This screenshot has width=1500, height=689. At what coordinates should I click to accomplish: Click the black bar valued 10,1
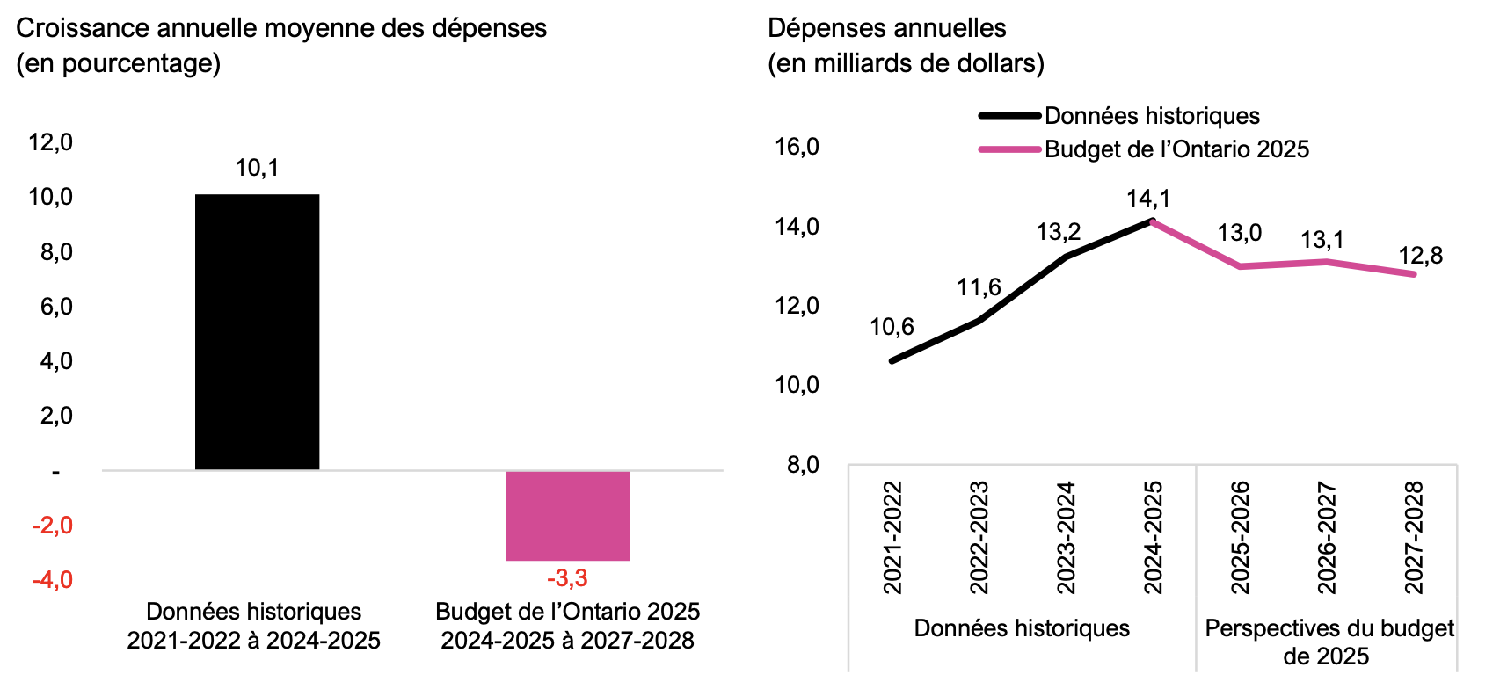tap(257, 332)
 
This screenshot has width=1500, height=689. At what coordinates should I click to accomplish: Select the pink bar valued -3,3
tap(567, 516)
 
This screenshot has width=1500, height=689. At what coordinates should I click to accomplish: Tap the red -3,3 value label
tap(567, 578)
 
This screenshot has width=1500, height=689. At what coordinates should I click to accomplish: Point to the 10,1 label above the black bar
tap(257, 168)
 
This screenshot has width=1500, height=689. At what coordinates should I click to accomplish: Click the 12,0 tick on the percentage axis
tap(51, 142)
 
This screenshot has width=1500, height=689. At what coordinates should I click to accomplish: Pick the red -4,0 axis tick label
tap(53, 580)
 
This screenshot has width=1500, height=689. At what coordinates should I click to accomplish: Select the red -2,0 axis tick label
tap(53, 526)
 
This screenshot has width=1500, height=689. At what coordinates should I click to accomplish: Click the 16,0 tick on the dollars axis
tap(797, 147)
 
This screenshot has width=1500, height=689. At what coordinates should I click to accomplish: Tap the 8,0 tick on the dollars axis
tap(802, 465)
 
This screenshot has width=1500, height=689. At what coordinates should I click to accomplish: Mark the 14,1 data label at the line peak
tap(1148, 199)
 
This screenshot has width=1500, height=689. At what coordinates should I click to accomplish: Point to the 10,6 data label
tap(892, 327)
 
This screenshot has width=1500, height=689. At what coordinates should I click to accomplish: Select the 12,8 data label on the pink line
tap(1421, 256)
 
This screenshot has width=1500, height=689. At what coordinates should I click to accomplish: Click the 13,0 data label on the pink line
tap(1240, 233)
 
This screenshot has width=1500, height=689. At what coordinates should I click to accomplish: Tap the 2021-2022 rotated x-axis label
tap(892, 537)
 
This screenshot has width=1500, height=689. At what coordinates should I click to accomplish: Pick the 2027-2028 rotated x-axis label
tap(1414, 537)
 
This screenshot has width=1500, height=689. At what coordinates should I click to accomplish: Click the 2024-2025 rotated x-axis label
tap(1153, 537)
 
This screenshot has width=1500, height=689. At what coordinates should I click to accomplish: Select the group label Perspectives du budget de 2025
tap(1328, 642)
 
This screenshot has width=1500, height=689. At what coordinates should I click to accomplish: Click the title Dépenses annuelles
tap(886, 28)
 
